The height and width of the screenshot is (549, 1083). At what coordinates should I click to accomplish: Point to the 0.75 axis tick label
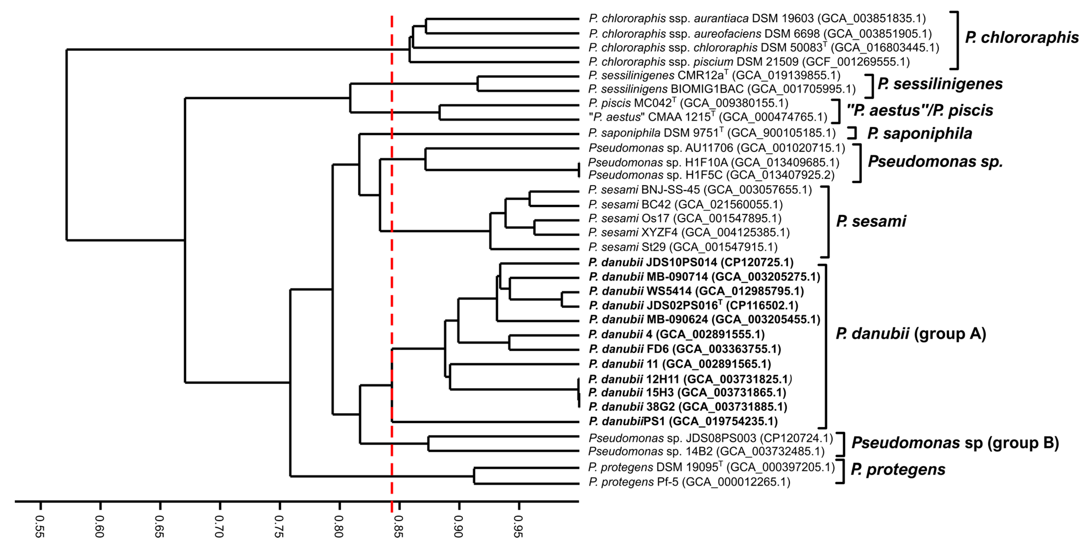click(x=278, y=526)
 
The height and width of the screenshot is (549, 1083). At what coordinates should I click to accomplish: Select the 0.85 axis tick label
click(x=398, y=526)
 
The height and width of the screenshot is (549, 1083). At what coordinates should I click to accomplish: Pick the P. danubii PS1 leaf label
click(x=683, y=421)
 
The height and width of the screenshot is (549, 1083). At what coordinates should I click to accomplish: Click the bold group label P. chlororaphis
click(x=1022, y=38)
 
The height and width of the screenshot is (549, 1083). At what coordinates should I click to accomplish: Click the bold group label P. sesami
click(x=871, y=221)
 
